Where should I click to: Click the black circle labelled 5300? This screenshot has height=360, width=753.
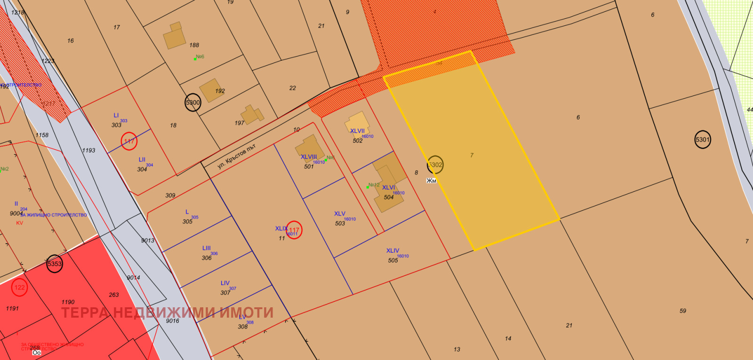193,103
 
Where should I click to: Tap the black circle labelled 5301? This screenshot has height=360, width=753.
702,139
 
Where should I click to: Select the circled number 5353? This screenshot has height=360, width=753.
55,264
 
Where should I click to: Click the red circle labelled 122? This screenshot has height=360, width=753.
19,287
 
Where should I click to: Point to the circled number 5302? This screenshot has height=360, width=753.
435,165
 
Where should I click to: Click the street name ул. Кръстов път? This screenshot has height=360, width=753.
236,156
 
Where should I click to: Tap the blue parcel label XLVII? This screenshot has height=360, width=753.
357,131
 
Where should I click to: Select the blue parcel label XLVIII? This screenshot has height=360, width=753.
309,157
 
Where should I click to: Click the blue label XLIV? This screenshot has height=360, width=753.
393,250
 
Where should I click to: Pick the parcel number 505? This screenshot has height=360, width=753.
393,260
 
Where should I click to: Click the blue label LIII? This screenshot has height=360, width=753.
207,248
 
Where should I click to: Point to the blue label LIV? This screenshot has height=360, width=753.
225,283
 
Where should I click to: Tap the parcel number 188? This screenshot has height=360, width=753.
194,45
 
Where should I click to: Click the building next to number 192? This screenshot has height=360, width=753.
210,90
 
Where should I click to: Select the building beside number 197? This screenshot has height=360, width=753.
251,114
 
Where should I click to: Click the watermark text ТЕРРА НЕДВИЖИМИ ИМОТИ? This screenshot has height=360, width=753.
167,312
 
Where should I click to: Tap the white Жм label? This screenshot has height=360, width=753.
431,181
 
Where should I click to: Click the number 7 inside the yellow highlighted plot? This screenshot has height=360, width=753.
472,155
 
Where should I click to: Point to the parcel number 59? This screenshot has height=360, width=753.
682,311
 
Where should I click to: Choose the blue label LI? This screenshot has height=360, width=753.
116,115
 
